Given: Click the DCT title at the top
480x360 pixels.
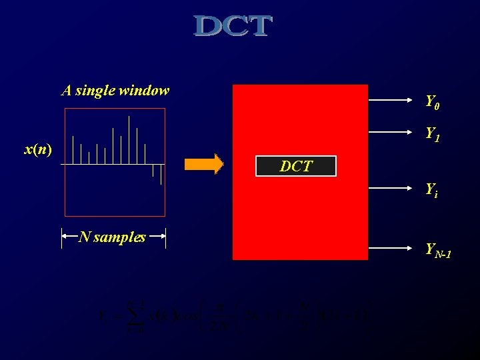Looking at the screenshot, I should [233, 27].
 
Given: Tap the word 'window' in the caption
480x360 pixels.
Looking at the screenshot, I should [147, 90].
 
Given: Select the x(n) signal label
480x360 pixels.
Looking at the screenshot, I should [38, 150].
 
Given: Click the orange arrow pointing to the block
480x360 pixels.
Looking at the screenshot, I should [204, 164].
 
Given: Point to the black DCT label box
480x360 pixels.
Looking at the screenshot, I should [296, 167].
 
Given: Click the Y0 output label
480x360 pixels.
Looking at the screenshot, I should [433, 103].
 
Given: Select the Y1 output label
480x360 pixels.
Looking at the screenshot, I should [433, 135].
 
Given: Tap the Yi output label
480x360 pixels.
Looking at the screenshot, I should [432, 189].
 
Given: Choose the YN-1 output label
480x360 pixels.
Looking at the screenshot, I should [438, 250].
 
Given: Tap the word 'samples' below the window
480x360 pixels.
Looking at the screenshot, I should [120, 237].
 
